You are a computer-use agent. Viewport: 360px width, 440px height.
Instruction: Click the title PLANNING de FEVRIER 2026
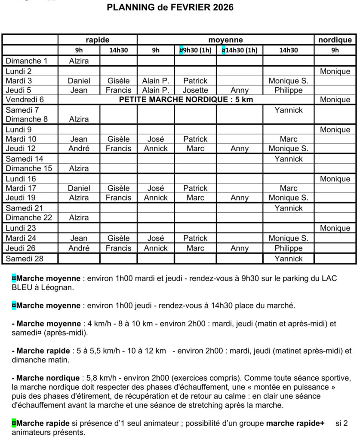pos(170,7)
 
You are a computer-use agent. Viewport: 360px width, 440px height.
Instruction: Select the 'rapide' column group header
pos(98,40)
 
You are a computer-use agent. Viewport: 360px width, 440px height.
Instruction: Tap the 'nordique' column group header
pos(335,40)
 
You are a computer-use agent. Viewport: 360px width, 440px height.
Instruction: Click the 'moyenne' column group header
pos(226,40)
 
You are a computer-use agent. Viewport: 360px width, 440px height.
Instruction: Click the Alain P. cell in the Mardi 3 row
pos(156,81)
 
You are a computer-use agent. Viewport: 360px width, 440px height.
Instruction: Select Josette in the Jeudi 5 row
pos(195,91)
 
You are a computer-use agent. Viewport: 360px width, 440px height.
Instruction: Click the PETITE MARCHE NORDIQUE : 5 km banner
pos(186,100)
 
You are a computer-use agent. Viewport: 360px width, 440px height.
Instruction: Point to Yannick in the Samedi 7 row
pos(288,110)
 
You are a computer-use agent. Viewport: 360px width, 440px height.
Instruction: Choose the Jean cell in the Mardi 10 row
pos(79,139)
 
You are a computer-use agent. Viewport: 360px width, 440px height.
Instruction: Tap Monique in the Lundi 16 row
pos(335,179)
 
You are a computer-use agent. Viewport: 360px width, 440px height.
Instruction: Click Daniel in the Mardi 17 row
pos(79,188)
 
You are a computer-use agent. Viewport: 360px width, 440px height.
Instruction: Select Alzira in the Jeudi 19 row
pos(79,198)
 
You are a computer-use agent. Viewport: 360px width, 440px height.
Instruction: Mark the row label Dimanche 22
pos(29,218)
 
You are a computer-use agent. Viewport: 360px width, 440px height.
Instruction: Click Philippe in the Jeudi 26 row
pos(288,248)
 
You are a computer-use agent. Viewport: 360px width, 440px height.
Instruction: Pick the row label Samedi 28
pos(25,259)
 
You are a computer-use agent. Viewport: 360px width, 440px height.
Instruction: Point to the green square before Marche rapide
pos(14,423)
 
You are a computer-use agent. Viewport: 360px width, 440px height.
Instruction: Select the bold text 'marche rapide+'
pos(295,423)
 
